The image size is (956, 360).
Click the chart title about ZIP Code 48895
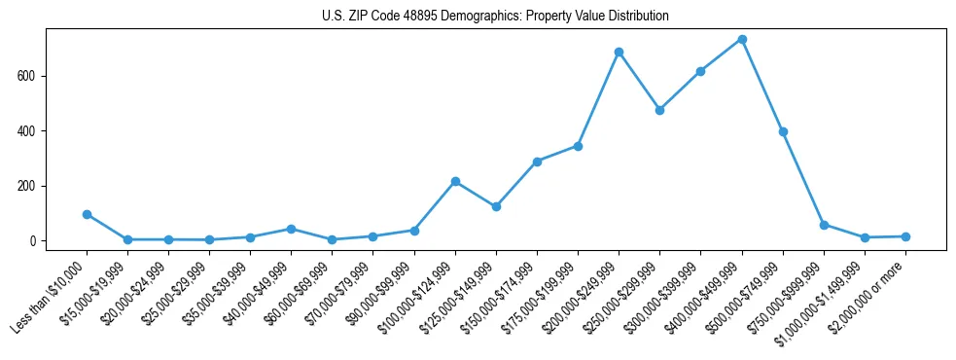coord(495,17)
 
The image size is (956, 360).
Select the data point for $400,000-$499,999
coord(742,39)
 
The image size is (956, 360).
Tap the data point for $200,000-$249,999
coord(619,52)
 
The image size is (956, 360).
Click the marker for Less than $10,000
coord(87,214)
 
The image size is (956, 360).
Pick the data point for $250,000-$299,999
coord(659,110)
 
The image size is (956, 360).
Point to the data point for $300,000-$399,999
coord(700,71)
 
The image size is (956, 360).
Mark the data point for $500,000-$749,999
coord(783,131)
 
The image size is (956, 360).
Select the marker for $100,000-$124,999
coord(455,181)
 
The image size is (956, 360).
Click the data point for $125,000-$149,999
coord(496,206)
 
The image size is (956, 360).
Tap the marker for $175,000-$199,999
coord(578,146)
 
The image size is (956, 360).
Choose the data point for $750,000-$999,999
coord(824,225)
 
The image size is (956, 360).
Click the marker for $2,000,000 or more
coord(905,236)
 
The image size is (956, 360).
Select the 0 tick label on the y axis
coord(35,241)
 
